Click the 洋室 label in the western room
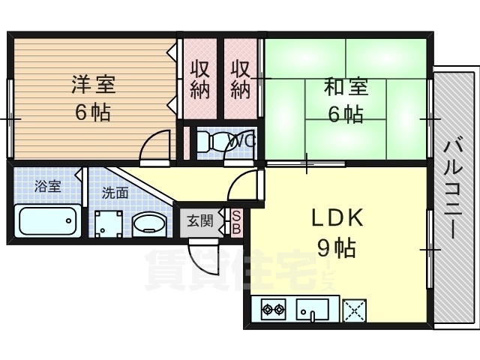93,83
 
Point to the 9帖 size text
335,247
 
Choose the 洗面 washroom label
115,193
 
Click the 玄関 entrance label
199,221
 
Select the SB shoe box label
235,220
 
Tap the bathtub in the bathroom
48,221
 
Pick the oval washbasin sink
150,224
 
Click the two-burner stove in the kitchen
272,308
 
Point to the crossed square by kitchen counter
354,309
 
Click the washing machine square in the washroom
110,223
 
